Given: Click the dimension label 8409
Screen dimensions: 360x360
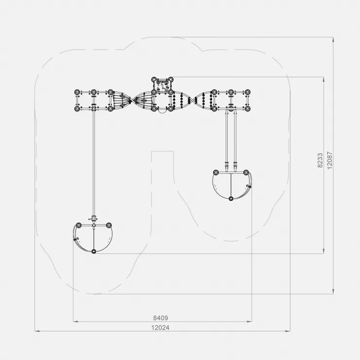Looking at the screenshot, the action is point(161,318).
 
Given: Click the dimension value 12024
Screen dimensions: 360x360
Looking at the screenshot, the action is point(160,327).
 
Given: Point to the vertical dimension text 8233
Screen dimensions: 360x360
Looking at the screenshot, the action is point(320,160).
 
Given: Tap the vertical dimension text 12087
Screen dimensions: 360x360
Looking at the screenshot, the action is point(330,160).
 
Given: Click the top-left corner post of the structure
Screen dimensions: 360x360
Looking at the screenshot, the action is point(77,92).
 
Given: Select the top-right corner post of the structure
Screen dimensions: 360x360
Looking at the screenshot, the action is point(247,92).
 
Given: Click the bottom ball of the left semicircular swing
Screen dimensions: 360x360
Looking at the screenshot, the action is point(93,252).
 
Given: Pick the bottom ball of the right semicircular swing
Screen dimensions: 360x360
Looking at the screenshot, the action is point(231,198).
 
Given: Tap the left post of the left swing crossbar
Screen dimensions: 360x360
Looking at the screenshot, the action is point(78,225).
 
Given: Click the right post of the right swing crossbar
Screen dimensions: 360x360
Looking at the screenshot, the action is point(246,172).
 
